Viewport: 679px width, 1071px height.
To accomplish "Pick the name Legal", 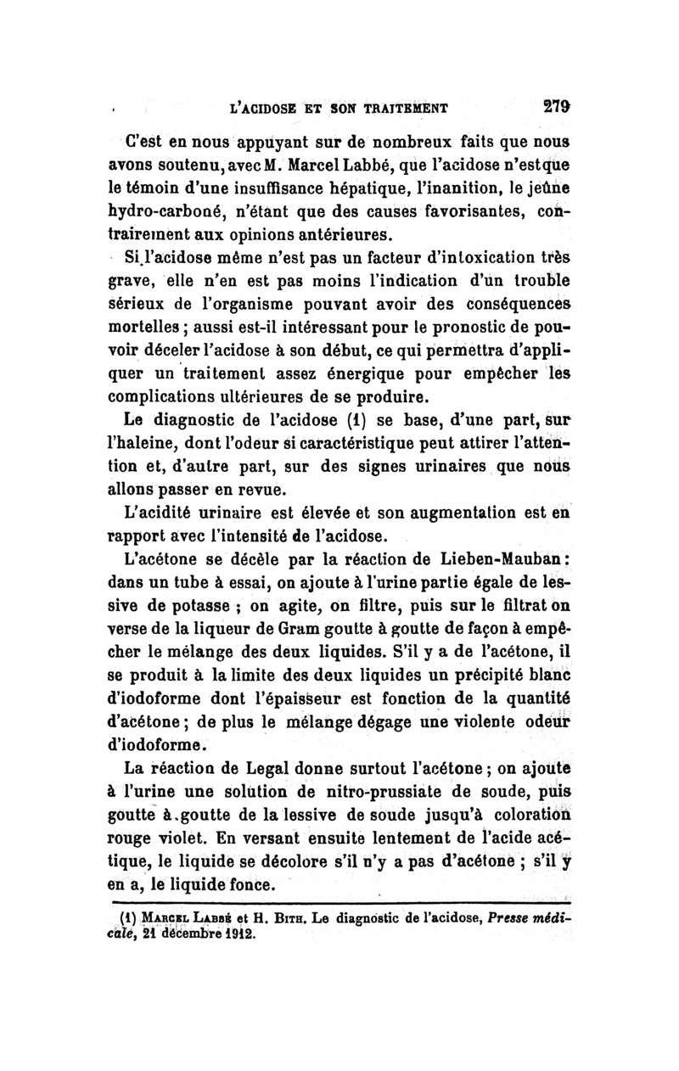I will (x=261, y=771).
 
